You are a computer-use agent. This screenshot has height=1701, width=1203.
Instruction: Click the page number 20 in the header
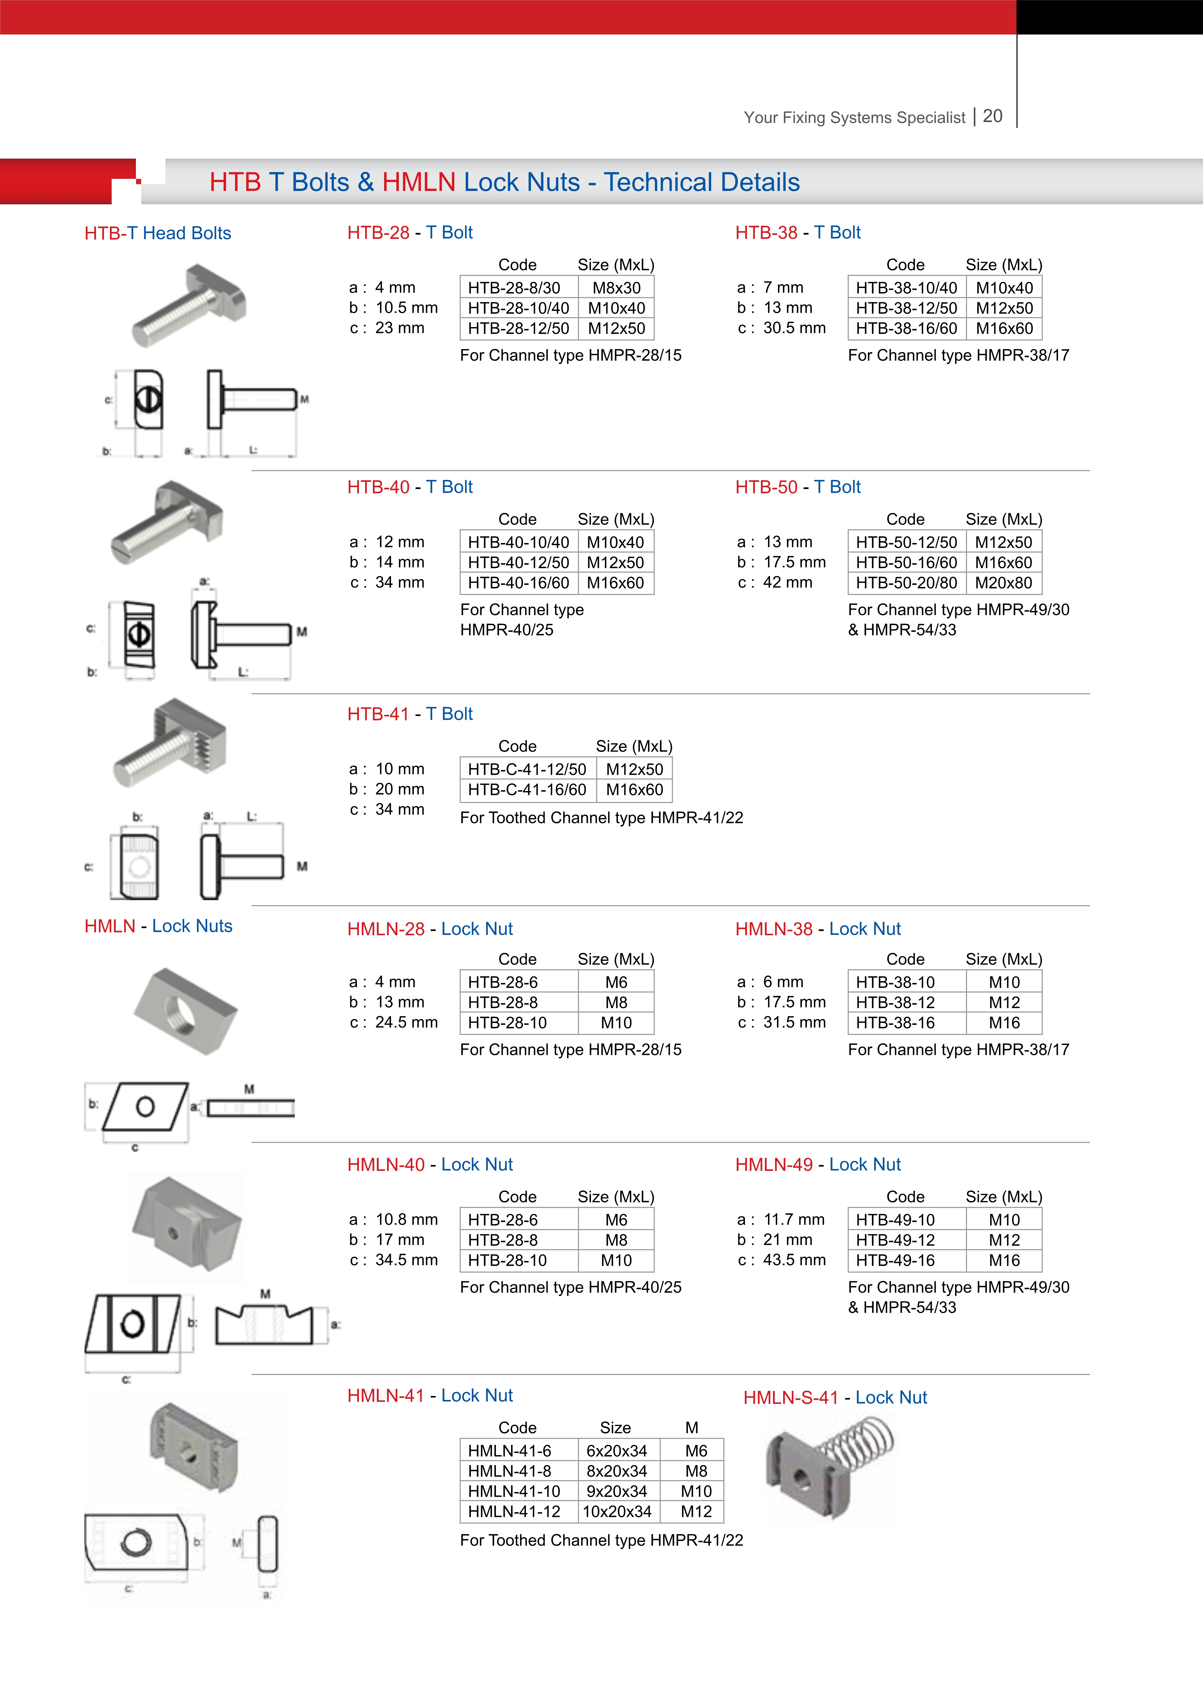993,116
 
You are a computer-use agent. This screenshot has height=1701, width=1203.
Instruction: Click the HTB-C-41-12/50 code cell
527,769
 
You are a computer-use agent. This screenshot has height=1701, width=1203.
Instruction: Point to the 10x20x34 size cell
617,1511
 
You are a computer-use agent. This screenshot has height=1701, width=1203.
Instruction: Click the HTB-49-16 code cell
895,1260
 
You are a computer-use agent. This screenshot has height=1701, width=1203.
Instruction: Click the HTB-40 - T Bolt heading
410,487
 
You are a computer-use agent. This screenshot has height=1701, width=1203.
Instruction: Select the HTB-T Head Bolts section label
158,233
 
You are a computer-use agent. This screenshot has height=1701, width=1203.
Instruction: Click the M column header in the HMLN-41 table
691,1428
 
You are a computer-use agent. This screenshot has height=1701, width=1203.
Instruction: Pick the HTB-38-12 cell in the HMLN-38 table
895,1002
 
